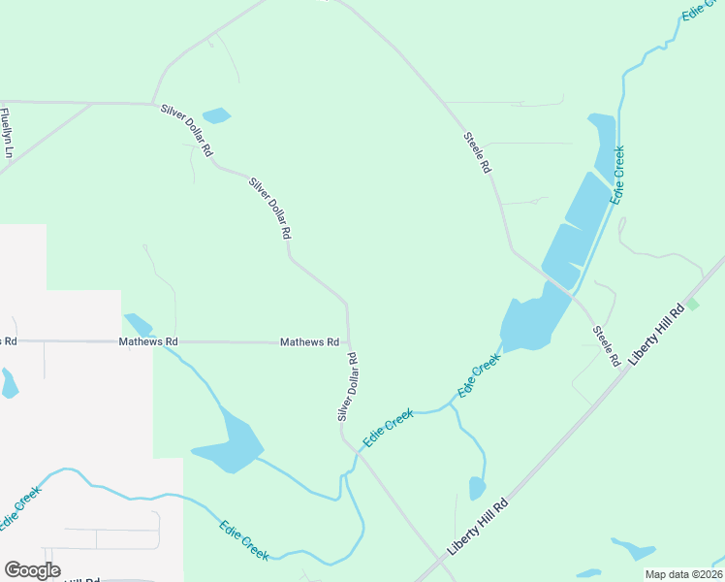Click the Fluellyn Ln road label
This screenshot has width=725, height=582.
tap(8, 131)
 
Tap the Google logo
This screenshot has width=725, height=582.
tap(32, 570)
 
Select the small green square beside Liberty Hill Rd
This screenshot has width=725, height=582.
tap(692, 305)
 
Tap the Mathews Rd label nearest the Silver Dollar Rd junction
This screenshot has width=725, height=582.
tap(309, 342)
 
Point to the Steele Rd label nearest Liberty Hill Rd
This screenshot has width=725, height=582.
tap(607, 346)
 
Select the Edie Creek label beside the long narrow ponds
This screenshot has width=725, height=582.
tap(617, 175)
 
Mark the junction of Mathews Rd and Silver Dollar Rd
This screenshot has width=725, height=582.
tap(349, 342)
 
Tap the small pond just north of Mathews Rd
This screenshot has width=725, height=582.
tap(137, 323)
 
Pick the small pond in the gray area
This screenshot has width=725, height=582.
tap(8, 383)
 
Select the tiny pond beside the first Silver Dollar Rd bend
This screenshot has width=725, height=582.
tap(216, 115)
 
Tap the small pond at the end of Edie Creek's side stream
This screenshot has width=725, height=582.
tap(477, 488)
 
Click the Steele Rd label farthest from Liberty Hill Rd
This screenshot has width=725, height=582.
tap(477, 152)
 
